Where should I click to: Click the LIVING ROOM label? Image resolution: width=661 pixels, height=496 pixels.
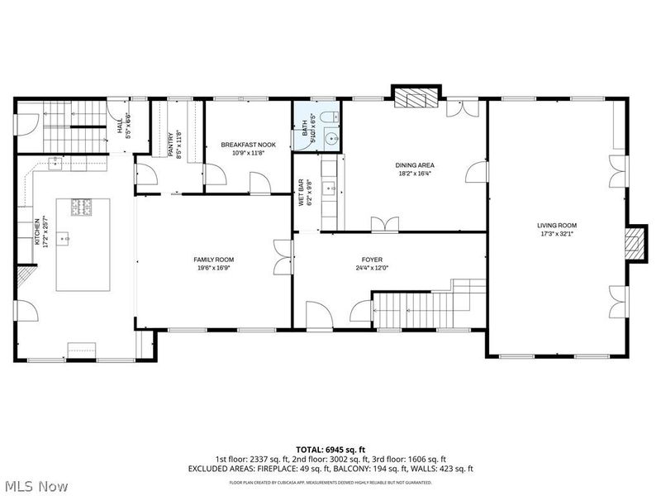point(557,225)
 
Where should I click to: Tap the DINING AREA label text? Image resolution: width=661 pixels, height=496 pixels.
point(414,165)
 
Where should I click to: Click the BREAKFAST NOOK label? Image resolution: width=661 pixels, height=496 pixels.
point(248,145)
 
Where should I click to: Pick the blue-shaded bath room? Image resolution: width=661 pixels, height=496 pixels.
point(316,127)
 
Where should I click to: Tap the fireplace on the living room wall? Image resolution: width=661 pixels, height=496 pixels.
point(633,243)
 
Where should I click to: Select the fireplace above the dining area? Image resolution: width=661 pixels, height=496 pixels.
point(416,98)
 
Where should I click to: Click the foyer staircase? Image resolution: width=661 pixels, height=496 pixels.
point(413,309)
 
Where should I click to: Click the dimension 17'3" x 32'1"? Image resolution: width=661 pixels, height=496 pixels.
point(557,233)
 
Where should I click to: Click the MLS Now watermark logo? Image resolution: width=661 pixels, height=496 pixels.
point(35,486)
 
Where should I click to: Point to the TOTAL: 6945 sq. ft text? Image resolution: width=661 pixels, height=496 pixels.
point(330,448)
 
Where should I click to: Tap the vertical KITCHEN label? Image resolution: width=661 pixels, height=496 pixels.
point(36,232)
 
